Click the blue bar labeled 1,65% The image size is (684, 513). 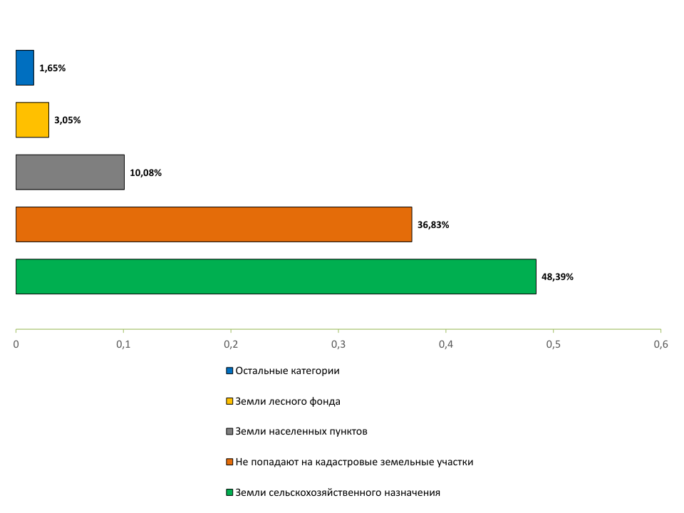25,68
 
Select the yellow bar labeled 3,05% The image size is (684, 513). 32,120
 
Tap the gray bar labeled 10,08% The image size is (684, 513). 70,172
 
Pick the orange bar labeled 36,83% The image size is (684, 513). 214,224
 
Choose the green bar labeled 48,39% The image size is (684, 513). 276,276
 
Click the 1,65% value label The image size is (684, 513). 53,68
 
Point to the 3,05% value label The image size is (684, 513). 68,120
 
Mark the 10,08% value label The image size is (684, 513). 146,172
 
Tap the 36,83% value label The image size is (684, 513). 433,225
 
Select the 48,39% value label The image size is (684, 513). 557,277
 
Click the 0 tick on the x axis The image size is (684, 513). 16,345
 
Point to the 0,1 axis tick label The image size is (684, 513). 123,345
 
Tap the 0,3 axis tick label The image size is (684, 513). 338,345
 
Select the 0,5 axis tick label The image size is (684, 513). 553,345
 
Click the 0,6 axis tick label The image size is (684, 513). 660,345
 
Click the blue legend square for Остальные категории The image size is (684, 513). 229,371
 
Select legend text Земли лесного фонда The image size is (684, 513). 288,401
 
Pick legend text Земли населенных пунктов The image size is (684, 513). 301,432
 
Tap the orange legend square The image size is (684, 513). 229,462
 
